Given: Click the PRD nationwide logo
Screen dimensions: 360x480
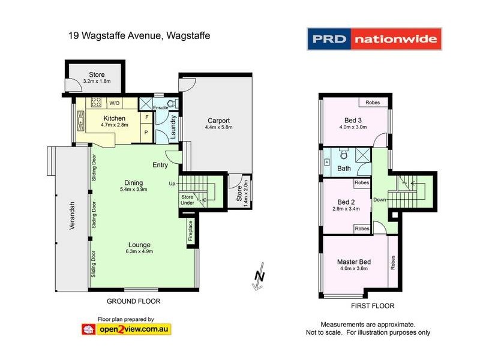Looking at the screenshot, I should tap(374, 39).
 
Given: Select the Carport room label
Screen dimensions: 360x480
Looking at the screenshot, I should tap(218, 119).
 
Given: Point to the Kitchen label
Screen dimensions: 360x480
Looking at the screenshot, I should tap(114, 118).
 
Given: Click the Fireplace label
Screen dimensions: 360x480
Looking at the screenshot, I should tap(190, 231).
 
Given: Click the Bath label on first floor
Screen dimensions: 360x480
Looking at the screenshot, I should tap(344, 169).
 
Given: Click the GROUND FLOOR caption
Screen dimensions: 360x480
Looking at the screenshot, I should tap(133, 301).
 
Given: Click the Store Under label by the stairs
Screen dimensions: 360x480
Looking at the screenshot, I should tap(188, 200).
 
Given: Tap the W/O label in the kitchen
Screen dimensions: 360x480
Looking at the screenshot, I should tap(113, 103).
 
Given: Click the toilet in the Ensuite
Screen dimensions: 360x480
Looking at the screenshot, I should tap(172, 103).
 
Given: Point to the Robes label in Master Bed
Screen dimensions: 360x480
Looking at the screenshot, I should tap(393, 262).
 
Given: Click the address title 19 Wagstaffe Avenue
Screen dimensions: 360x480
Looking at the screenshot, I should tap(139, 37).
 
